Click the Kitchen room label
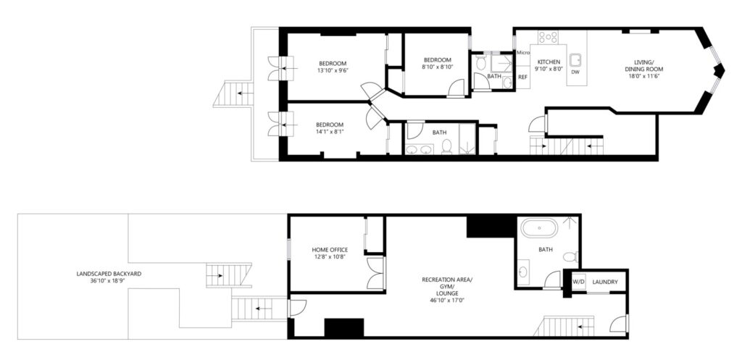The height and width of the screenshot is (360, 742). coord(549,62)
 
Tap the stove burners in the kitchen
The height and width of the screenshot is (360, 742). coord(548,37)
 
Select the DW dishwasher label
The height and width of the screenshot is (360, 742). coord(575,72)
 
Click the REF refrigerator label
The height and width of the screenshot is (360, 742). coord(523,77)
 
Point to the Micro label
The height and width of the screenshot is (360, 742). coord(523,52)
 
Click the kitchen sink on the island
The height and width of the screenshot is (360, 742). coord(576,59)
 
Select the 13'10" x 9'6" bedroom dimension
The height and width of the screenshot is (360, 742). coord(332,71)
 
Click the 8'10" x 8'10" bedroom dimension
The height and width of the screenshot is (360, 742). coord(437,67)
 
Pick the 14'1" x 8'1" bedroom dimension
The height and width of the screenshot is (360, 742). coord(330,132)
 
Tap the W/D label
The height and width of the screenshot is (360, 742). coord(578,282)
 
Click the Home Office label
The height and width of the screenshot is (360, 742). coord(330,250)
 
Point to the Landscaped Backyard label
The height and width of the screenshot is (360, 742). coord(109,273)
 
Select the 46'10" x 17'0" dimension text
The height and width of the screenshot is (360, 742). coord(446,300)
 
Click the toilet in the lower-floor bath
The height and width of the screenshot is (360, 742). coord(571,257)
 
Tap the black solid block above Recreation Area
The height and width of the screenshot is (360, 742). coord(490,227)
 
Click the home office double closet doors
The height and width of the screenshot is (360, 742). coord(376,273)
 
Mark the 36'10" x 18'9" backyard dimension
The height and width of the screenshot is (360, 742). coord(109,280)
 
